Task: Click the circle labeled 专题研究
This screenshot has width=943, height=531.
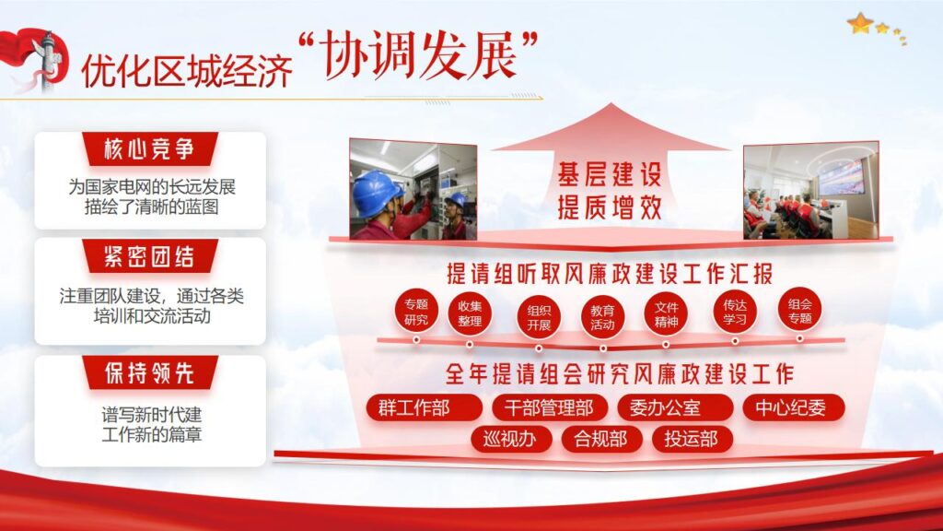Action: (416, 312)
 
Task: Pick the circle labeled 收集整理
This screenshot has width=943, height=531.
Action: (470, 313)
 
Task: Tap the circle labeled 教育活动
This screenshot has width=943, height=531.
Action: (603, 317)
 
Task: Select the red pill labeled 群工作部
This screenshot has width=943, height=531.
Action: (424, 407)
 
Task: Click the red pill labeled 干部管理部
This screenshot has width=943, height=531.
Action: (549, 407)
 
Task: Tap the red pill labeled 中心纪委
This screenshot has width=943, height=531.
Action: (789, 407)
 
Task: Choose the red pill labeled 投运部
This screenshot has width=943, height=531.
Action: (692, 439)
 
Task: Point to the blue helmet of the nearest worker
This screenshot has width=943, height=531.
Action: (377, 189)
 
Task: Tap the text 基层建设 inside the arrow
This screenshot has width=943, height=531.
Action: (609, 174)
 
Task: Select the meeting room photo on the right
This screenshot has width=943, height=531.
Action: (810, 190)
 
